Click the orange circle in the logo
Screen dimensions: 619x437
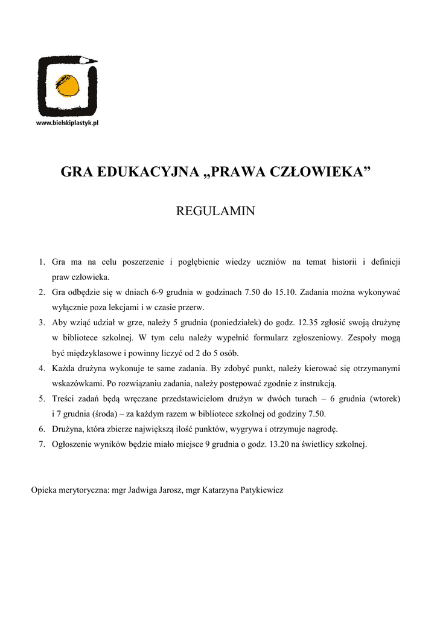point(68,86)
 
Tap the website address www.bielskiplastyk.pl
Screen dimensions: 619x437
point(68,123)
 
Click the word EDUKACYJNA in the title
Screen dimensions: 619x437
point(141,173)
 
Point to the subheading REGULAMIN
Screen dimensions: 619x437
point(215,211)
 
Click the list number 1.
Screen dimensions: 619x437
point(42,262)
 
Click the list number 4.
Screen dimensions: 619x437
point(42,368)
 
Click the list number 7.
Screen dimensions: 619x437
point(42,444)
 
